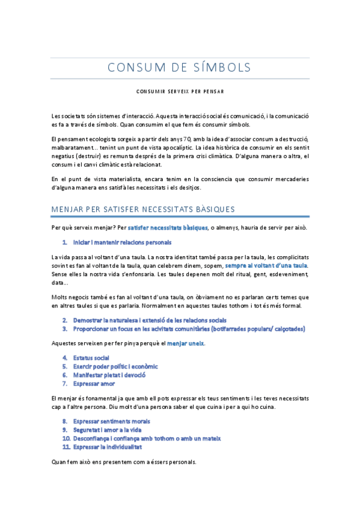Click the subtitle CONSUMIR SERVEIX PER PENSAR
tap(180, 92)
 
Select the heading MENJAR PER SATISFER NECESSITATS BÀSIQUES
tap(143, 209)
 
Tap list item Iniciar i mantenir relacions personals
tap(122, 242)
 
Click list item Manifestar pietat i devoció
tap(109, 375)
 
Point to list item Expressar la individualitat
tap(107, 447)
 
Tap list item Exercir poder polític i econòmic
tap(115, 366)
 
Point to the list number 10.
tap(66, 438)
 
